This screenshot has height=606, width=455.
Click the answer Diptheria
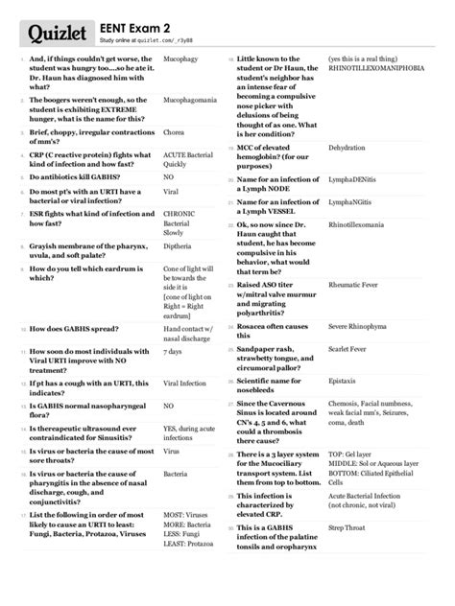(x=179, y=244)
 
